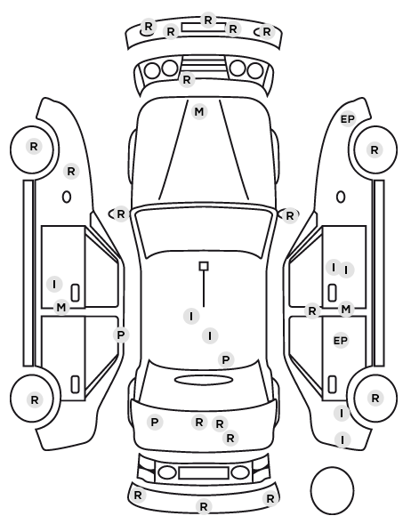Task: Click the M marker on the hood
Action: coord(199,111)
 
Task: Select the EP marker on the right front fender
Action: coord(348,119)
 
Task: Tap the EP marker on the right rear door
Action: coord(341,341)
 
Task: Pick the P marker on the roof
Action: coord(226,359)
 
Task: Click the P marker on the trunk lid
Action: coord(155,423)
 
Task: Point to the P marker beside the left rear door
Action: coord(121,335)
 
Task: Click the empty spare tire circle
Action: coord(332,490)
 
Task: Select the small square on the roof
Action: coord(204,266)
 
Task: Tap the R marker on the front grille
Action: coord(187,80)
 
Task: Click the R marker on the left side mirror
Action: coord(121,214)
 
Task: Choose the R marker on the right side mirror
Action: coord(289,216)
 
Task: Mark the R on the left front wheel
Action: coord(34,147)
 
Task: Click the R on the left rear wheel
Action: coord(35,400)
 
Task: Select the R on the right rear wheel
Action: coord(375,399)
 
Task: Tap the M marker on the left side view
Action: coord(61,308)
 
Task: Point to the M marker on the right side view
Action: coord(345,310)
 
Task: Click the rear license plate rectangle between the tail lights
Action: coord(204,473)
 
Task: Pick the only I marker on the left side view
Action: coord(54,284)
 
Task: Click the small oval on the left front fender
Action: coord(67,197)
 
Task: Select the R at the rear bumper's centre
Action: coord(204,507)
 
